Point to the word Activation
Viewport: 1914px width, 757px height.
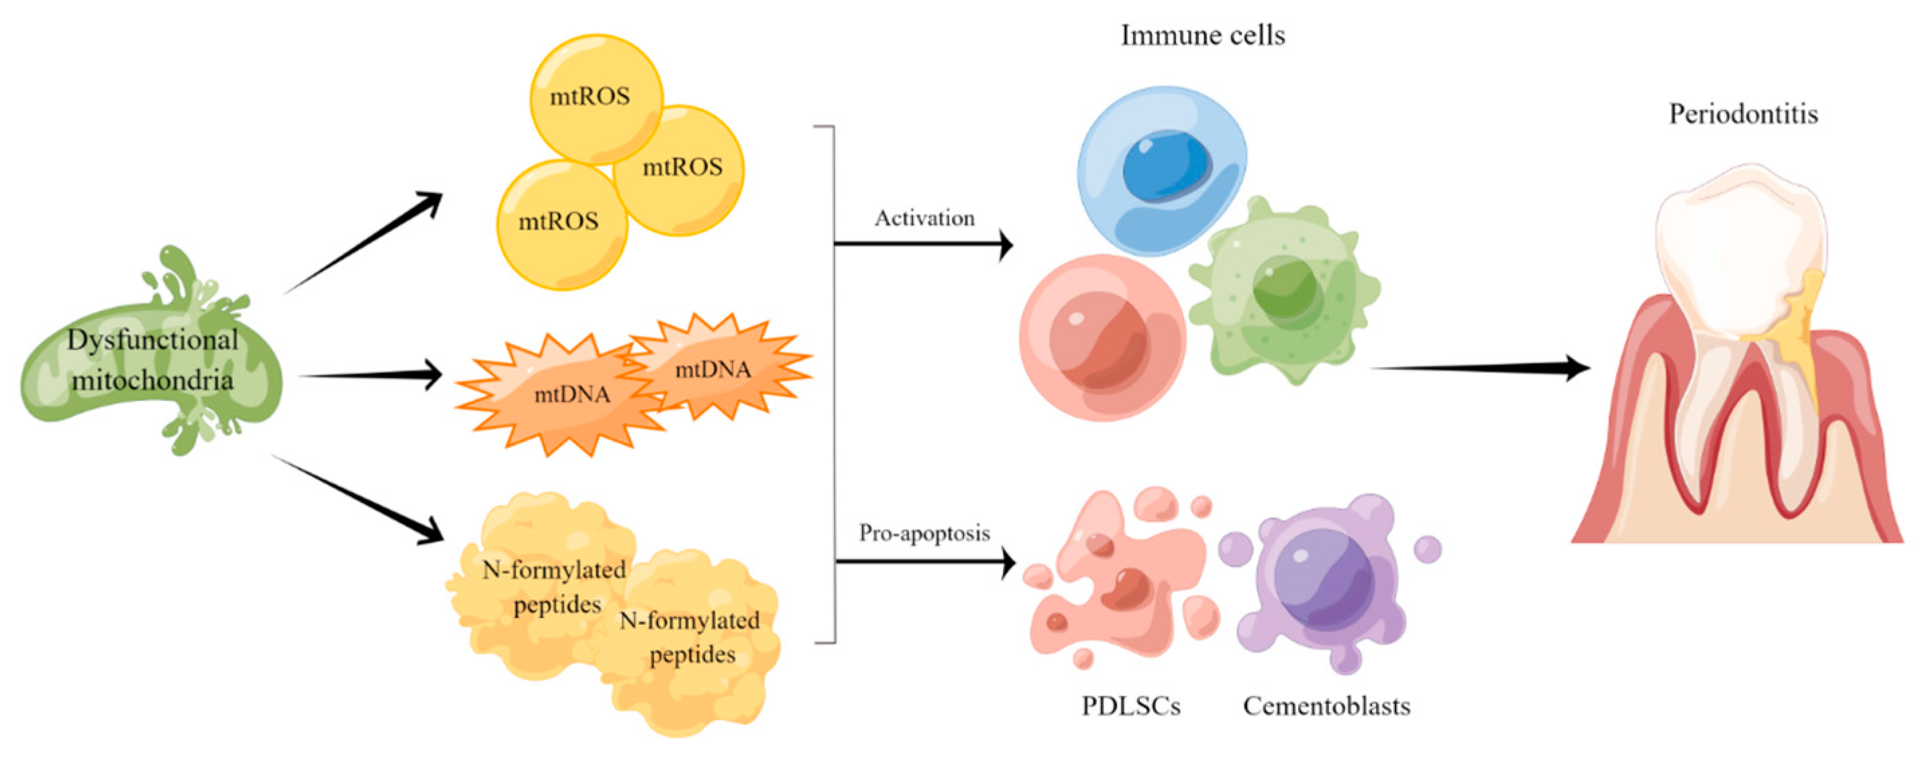(924, 219)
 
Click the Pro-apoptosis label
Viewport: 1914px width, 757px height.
(924, 532)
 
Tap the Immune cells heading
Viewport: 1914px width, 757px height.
(1202, 36)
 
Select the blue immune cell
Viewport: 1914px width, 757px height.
(1163, 171)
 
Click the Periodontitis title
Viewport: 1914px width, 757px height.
(1743, 115)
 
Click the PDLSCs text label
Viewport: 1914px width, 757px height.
(1130, 706)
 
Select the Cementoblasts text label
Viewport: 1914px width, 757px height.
(1326, 706)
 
